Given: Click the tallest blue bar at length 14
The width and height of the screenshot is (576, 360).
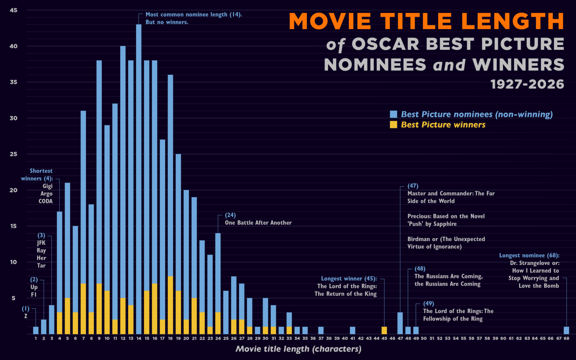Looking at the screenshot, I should (x=139, y=176).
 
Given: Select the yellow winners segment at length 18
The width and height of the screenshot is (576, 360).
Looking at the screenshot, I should (x=170, y=305).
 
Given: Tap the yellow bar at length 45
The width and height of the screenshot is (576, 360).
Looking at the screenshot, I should (x=384, y=330).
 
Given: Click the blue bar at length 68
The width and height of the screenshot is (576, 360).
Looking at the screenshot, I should (x=566, y=330).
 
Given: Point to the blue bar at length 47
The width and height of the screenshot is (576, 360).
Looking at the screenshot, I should (x=400, y=323).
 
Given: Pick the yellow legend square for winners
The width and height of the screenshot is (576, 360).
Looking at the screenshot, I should (x=393, y=124).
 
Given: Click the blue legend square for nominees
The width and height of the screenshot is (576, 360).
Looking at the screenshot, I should (x=393, y=114).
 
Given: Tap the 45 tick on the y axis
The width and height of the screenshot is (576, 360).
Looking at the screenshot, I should (x=13, y=10).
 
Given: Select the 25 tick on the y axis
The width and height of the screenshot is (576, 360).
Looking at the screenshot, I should (x=13, y=154).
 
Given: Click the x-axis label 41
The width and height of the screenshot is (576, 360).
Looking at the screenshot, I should (x=352, y=338).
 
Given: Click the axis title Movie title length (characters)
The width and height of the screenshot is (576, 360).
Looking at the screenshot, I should (x=298, y=349).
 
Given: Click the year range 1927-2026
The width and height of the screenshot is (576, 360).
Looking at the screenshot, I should (x=527, y=84).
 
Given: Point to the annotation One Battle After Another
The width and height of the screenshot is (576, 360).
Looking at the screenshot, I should (x=258, y=223).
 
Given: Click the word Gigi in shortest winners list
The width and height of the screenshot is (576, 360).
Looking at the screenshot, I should (x=48, y=186).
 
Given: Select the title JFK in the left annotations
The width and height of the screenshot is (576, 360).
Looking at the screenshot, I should (x=41, y=243).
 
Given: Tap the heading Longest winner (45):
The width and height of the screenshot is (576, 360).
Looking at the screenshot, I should (x=349, y=279).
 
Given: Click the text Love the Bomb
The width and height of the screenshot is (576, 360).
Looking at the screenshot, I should (x=538, y=286).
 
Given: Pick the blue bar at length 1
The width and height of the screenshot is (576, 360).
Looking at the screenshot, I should (x=36, y=330).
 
